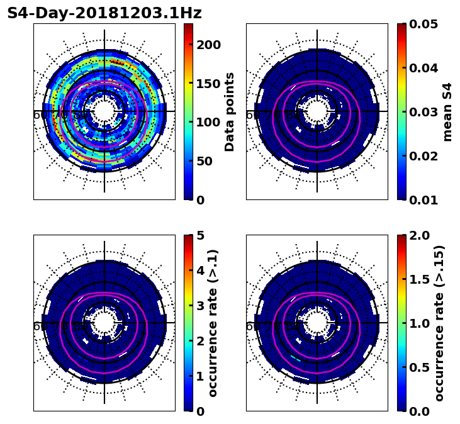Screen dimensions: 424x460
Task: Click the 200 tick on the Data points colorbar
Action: (x=208, y=45)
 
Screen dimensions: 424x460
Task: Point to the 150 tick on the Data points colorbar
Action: (x=208, y=84)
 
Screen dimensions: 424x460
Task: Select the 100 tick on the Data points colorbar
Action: (x=208, y=122)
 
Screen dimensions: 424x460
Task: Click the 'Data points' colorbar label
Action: (x=230, y=112)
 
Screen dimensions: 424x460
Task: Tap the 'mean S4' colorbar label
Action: (x=447, y=112)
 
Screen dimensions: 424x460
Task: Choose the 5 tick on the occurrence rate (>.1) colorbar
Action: (x=201, y=235)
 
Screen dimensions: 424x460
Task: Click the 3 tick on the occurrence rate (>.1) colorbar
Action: (x=201, y=306)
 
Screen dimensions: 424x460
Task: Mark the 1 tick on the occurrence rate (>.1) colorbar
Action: (x=201, y=376)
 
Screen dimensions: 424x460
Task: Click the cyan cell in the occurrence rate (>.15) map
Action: (x=295, y=358)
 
